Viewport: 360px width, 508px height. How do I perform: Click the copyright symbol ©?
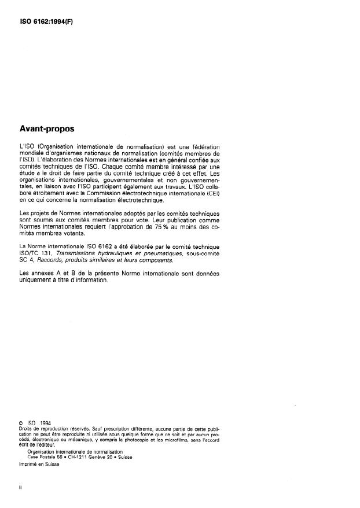pyautogui.click(x=21, y=422)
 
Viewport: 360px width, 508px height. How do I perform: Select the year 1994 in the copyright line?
pyautogui.click(x=45, y=422)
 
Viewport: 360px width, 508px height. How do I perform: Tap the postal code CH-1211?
pyautogui.click(x=78, y=456)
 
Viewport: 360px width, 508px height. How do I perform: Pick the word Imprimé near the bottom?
pyautogui.click(x=28, y=463)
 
